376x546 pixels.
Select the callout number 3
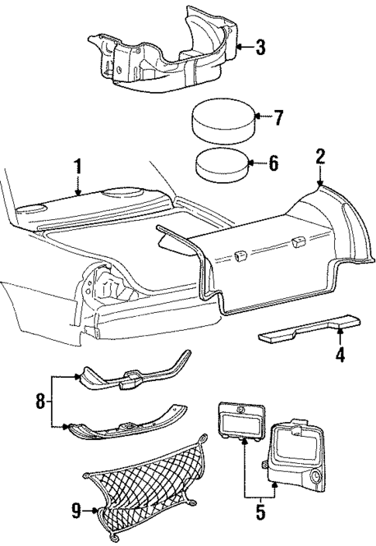click(260, 48)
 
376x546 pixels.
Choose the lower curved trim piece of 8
click(128, 425)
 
